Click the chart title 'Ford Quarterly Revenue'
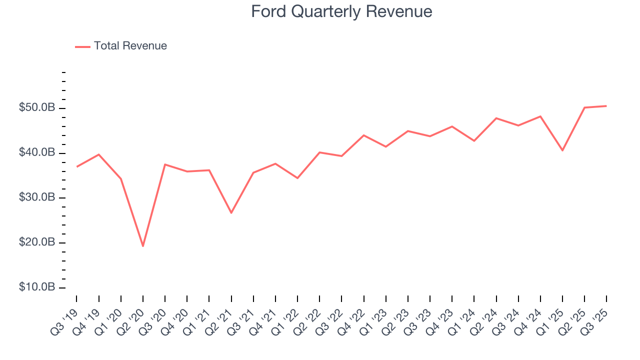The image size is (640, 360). point(341,11)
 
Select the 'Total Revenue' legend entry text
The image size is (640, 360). point(130,46)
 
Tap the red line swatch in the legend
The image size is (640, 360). point(82,46)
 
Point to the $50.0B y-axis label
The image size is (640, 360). point(37,108)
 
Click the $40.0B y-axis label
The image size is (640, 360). point(37,153)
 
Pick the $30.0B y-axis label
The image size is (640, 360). point(37,198)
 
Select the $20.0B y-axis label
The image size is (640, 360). point(37,243)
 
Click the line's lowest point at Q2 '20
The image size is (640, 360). point(143,246)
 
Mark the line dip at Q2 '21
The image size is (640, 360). point(231,213)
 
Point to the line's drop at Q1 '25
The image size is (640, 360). point(562,150)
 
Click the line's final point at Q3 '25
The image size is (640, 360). point(606,106)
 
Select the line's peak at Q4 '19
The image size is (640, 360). point(99,154)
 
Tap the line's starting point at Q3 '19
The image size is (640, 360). point(77,166)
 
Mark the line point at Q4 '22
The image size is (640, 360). point(363,135)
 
